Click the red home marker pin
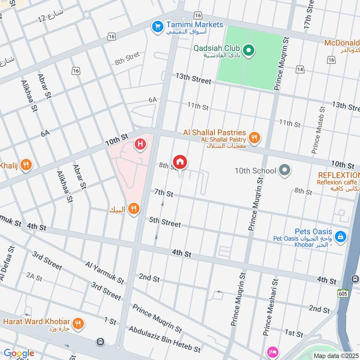[180, 162]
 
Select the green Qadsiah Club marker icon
[248, 49]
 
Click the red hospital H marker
[141, 144]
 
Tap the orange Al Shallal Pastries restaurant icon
[255, 138]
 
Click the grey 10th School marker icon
[284, 171]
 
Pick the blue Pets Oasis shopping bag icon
[341, 235]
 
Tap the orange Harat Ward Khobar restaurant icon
[78, 322]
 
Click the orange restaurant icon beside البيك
[133, 208]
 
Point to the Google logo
[18, 353]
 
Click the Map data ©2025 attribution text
[335, 355]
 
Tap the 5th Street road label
[165, 222]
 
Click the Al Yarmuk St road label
[104, 272]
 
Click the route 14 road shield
[300, 69]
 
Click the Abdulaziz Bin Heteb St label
[164, 339]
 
